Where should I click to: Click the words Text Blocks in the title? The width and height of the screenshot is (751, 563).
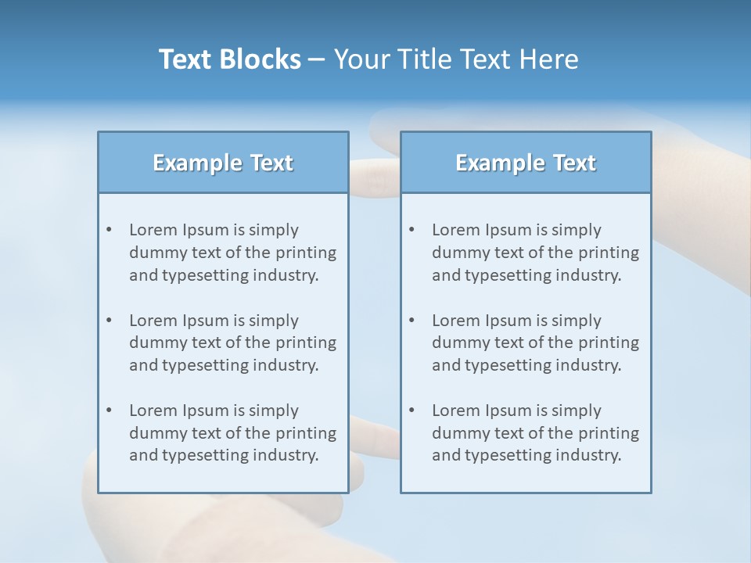[229, 59]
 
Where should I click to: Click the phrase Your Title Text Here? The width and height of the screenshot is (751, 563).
[456, 59]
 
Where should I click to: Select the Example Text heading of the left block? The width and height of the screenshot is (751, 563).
[223, 163]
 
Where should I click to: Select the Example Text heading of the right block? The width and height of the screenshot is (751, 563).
[526, 163]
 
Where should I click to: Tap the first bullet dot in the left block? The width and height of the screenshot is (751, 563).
[109, 230]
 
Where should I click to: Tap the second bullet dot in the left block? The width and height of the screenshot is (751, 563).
[109, 321]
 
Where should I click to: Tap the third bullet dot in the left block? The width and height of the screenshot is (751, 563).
[109, 411]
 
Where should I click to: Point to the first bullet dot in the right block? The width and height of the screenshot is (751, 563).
[411, 230]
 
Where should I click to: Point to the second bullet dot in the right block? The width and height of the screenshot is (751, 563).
[411, 321]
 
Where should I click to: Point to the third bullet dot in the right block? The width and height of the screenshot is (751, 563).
[411, 411]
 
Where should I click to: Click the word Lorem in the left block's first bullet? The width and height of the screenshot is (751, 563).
[153, 230]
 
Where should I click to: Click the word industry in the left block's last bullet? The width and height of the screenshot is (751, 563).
[286, 456]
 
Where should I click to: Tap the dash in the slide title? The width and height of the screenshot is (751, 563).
[318, 60]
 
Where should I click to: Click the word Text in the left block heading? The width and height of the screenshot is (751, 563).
[271, 163]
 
